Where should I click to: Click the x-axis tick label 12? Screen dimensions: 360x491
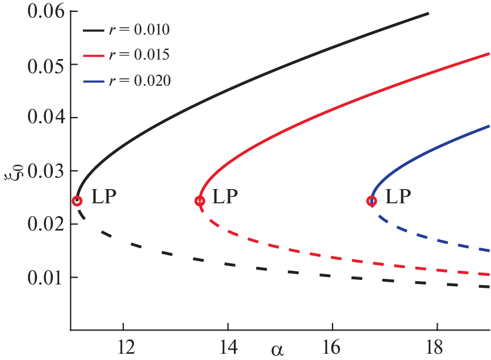(123, 345)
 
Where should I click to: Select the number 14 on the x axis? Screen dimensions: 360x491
(228, 345)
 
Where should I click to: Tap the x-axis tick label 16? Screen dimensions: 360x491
(332, 345)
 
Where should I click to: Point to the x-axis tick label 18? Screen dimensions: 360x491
(437, 345)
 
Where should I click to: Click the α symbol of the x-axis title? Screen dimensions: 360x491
(277, 349)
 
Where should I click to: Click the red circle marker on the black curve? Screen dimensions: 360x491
(77, 201)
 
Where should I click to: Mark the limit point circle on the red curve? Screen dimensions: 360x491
(200, 201)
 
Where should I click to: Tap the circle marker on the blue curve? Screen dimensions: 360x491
(372, 201)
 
